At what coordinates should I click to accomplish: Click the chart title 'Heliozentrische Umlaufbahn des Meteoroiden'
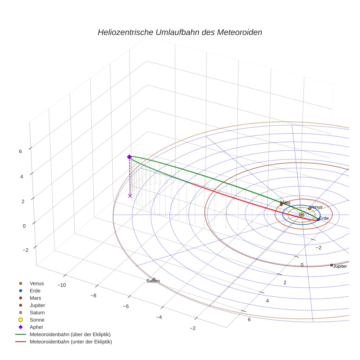coord(180,32)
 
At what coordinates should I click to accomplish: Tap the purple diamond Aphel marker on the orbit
coord(129,157)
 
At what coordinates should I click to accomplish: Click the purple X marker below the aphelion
coord(130,196)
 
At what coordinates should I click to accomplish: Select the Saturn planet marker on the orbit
coord(154,280)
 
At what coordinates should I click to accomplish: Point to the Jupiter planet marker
coord(332,265)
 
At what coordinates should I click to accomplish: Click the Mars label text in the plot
coord(285,202)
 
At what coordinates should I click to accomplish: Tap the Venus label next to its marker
coord(316,207)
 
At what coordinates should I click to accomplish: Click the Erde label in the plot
coord(324,218)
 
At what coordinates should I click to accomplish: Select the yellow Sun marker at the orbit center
coord(301,215)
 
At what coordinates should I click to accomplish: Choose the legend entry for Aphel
coord(37,327)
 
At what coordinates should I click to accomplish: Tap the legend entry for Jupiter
coord(37,305)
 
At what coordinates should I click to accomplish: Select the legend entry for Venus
coord(37,283)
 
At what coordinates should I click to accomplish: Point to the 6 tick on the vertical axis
coord(20,151)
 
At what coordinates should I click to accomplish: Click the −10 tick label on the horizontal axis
coord(61,285)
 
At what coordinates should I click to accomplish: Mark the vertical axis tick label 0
coord(24,226)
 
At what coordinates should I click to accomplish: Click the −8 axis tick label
coord(93,296)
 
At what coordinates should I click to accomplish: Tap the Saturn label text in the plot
coord(153,281)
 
